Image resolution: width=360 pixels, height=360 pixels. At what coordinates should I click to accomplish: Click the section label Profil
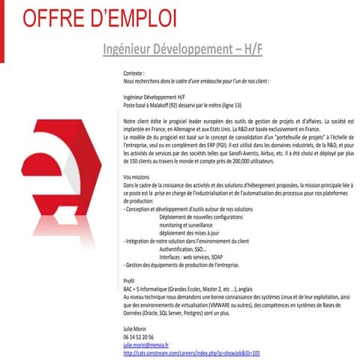tap(127, 280)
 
